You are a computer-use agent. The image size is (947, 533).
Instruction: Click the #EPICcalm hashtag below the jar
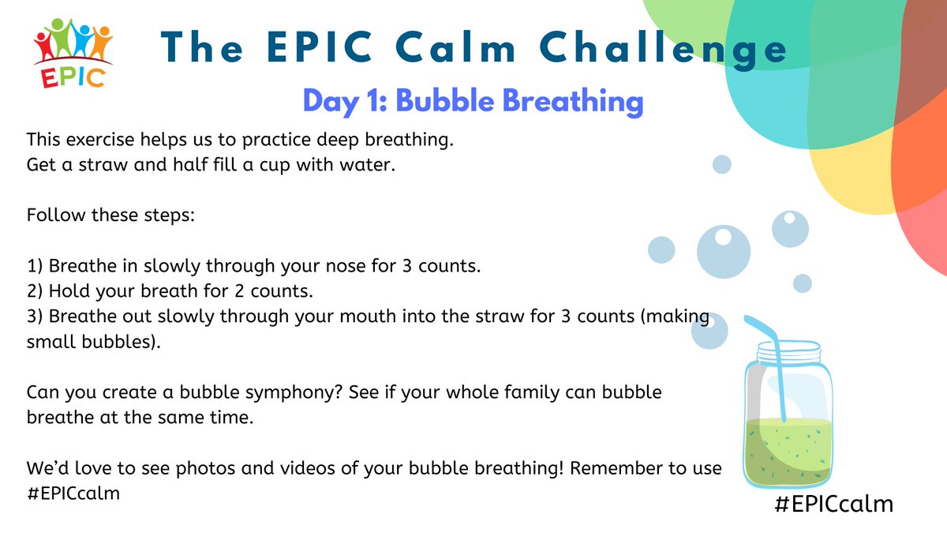coord(834,504)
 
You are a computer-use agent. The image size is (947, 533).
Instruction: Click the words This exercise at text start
coord(72,140)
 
